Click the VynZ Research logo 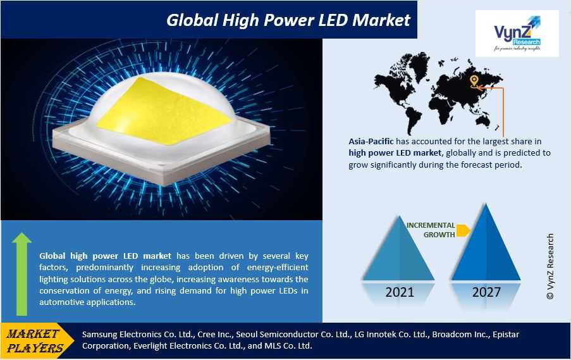517,34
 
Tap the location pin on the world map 474,81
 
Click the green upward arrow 22,274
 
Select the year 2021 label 400,292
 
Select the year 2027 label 486,292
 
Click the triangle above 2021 399,251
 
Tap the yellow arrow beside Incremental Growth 463,230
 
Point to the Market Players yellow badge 37,340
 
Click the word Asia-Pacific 371,141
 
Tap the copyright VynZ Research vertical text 550,266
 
